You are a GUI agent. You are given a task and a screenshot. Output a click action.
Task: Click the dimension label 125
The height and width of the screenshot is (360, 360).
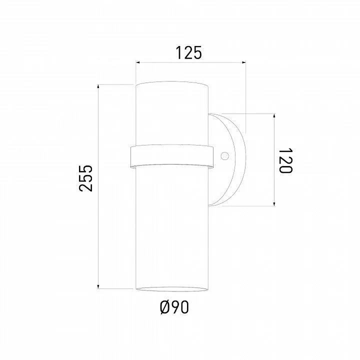coord(188,53)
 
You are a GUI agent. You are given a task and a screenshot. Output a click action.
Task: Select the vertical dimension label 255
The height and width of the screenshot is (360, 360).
coord(85,178)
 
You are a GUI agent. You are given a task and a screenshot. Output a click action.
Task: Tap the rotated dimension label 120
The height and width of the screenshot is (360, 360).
coord(285,160)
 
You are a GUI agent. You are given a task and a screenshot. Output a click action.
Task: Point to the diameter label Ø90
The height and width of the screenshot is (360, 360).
coord(174,307)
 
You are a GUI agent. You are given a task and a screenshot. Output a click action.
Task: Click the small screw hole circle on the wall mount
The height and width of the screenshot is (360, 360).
coord(225,156)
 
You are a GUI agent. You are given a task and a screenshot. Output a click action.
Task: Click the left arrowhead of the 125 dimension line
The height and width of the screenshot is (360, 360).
coord(138,62)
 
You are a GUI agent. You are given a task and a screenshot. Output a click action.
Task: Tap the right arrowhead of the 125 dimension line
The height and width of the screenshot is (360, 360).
coord(244,62)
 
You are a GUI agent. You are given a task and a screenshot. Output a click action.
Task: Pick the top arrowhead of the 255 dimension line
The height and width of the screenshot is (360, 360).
coord(98,86)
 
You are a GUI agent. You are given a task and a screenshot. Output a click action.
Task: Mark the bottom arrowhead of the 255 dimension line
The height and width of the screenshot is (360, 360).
coord(98,286)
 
